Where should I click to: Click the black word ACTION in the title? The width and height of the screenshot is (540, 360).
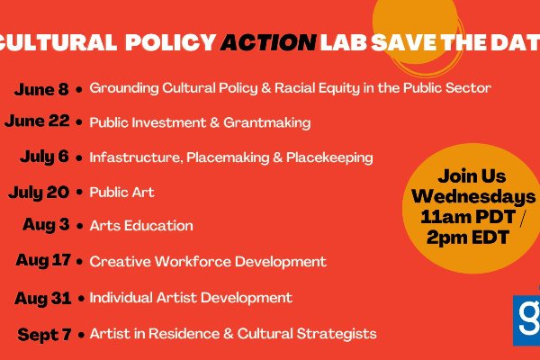click(x=268, y=42)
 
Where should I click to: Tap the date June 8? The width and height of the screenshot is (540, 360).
click(x=41, y=89)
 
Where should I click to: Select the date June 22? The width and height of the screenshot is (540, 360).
click(x=37, y=121)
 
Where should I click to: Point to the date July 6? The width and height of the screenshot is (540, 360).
click(x=44, y=157)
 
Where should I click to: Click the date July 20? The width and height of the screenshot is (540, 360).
click(x=39, y=193)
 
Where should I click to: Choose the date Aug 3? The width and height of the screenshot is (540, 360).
click(x=46, y=225)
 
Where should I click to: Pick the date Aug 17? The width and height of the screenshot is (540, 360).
click(x=43, y=260)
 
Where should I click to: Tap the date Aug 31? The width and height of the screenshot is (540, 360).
click(x=43, y=298)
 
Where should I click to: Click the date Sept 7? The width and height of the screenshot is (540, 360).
click(x=44, y=335)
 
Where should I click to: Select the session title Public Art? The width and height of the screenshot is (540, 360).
click(x=121, y=193)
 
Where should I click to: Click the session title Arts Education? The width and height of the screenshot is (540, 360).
click(x=141, y=226)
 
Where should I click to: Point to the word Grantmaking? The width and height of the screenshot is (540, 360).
click(x=267, y=123)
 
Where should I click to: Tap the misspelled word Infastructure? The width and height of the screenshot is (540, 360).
click(x=136, y=157)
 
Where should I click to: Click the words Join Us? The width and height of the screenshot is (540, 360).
click(x=472, y=176)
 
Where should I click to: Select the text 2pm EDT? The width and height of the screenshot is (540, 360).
click(x=468, y=238)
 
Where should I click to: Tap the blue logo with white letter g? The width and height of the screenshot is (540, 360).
click(x=526, y=320)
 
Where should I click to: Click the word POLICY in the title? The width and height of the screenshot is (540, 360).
click(x=171, y=42)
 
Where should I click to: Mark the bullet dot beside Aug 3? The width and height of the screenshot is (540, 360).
click(x=80, y=226)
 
